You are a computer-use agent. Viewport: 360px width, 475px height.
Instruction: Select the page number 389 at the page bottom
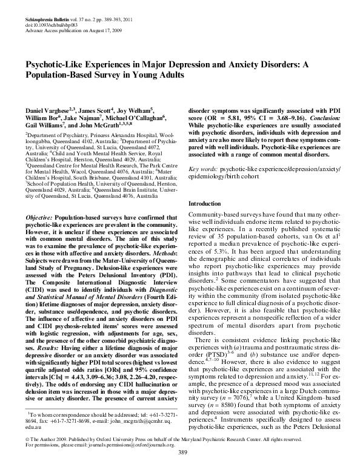pyautogui.click(x=182, y=470)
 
